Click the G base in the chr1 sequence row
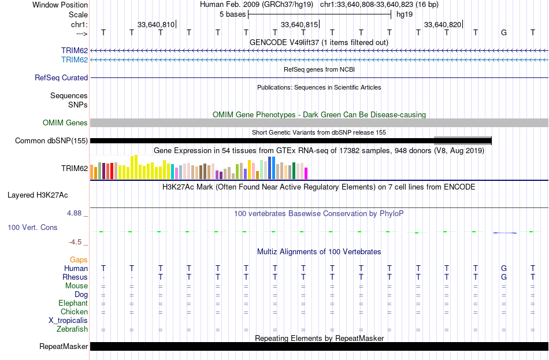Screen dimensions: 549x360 pos(504,32)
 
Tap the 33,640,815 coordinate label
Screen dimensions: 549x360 pos(299,24)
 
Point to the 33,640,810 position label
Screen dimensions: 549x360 pos(156,24)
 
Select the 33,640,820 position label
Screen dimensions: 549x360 pos(443,24)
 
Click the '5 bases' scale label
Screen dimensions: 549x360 pos(232,14)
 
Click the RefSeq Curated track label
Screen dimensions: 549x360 pos(61,78)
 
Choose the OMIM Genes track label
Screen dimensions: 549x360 pos(65,123)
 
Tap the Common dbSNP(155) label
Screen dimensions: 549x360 pos(51,141)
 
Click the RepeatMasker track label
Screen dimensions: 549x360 pos(64,347)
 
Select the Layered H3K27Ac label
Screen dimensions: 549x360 pos(38,195)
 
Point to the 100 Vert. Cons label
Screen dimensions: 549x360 pos(32,228)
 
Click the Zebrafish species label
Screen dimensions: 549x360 pos(72,329)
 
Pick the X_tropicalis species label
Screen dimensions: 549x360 pos(68,321)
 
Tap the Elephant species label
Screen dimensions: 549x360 pos(73,303)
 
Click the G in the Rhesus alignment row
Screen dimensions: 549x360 pos(504,277)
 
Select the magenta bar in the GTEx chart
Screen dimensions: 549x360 pos(306,173)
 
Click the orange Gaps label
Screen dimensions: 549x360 pos(79,260)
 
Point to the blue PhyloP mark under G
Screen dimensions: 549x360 pos(505,233)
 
